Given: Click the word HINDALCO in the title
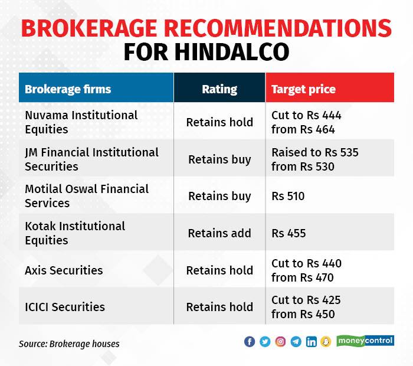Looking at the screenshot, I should click(x=232, y=51).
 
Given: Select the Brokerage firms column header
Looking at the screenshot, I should click(x=68, y=90).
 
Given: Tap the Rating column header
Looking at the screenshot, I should click(x=219, y=90).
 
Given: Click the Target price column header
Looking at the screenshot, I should click(x=303, y=90).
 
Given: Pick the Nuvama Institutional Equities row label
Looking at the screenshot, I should click(x=81, y=122).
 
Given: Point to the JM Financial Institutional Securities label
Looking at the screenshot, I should click(x=91, y=159).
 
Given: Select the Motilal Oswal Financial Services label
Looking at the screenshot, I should click(x=87, y=196).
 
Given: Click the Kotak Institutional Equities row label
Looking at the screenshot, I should click(x=75, y=233).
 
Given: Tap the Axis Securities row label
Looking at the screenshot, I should click(x=64, y=270).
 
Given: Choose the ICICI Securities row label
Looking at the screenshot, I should click(x=65, y=307).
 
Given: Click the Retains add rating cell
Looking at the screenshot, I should click(x=219, y=233).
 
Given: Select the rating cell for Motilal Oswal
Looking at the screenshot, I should click(x=219, y=196).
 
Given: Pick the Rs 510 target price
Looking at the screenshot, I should click(x=288, y=196).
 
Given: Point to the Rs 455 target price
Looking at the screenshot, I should click(x=289, y=233).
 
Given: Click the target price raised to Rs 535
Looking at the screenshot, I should click(x=314, y=159).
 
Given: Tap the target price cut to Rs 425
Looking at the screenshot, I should click(x=306, y=307).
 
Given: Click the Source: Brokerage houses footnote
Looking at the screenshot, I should click(x=69, y=343).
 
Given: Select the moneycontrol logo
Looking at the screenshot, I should click(x=365, y=341).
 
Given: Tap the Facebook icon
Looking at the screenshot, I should click(x=250, y=342).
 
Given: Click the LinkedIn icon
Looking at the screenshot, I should click(x=311, y=342).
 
